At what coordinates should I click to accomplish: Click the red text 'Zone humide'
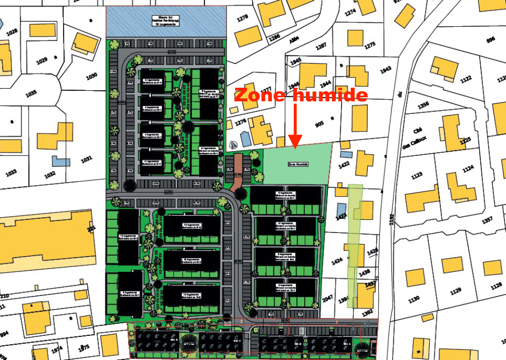point(301,95)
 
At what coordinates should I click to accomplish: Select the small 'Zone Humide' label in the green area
point(298,164)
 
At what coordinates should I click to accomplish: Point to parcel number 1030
point(91,77)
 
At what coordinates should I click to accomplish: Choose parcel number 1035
point(31,93)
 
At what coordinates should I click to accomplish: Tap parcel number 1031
point(87,159)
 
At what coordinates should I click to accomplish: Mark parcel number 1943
point(386,70)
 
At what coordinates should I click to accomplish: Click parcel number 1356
point(423,104)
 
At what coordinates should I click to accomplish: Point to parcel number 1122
point(465,78)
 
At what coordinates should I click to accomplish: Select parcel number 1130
point(414,299)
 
